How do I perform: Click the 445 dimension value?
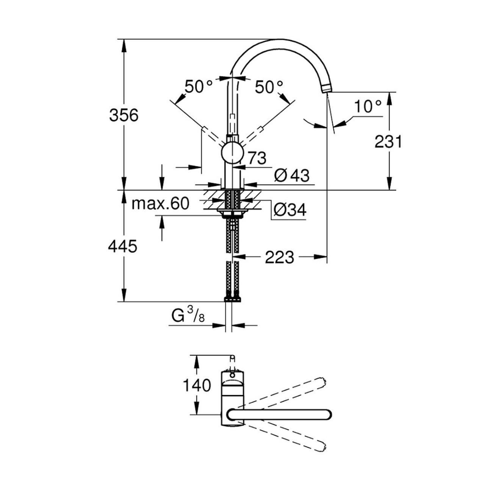(123, 246)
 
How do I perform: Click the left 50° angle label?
(199, 87)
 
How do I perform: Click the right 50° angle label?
(269, 87)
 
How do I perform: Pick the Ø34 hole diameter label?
(290, 210)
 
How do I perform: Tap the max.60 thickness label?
(160, 203)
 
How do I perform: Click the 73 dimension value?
(257, 158)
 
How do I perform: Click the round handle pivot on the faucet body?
(232, 153)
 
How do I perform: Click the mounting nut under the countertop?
(232, 214)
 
